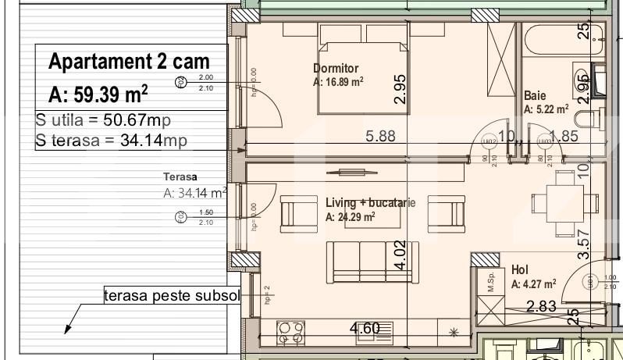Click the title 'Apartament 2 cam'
[129, 62]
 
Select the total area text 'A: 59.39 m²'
[98, 94]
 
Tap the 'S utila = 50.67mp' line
[103, 121]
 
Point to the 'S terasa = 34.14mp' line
[112, 141]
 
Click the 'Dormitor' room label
[336, 68]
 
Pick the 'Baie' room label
[535, 95]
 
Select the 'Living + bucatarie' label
[370, 203]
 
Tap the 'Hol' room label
[519, 269]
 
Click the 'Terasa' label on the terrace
[180, 177]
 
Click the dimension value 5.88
[380, 136]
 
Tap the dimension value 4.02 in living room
[400, 255]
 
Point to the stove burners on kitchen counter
[290, 333]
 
